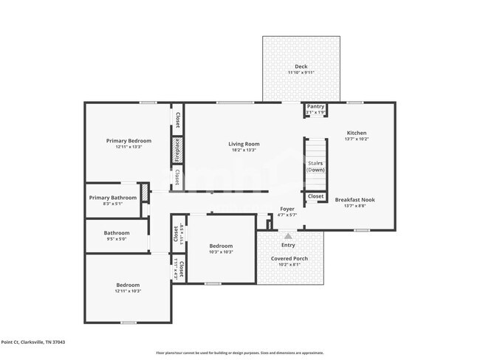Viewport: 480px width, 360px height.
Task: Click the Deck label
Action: [x=301, y=66]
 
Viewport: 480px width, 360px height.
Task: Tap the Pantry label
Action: [x=316, y=106]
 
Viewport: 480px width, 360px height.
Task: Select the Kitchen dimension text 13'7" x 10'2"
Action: [x=356, y=139]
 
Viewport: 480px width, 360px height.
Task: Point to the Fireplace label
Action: [x=177, y=150]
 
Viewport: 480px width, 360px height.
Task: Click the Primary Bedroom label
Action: [x=128, y=141]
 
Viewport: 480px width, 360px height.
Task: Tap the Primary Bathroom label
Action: [x=113, y=198]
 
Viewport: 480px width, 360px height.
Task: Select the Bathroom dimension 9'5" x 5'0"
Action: [x=117, y=239]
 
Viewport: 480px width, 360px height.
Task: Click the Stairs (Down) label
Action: [x=315, y=165]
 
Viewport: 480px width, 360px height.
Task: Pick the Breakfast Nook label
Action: [x=355, y=200]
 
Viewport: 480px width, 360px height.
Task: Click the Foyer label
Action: [x=287, y=209]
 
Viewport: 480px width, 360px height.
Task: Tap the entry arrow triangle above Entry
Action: [x=288, y=236]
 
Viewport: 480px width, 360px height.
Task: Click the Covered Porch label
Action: [x=289, y=258]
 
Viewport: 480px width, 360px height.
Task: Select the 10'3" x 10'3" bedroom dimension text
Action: [x=221, y=252]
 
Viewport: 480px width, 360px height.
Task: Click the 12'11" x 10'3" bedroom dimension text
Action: [x=128, y=291]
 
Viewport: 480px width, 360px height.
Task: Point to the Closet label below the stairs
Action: [x=315, y=196]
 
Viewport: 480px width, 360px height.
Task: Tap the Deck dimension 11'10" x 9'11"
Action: [x=301, y=72]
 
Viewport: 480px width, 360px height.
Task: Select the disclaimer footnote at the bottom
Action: [x=239, y=353]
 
